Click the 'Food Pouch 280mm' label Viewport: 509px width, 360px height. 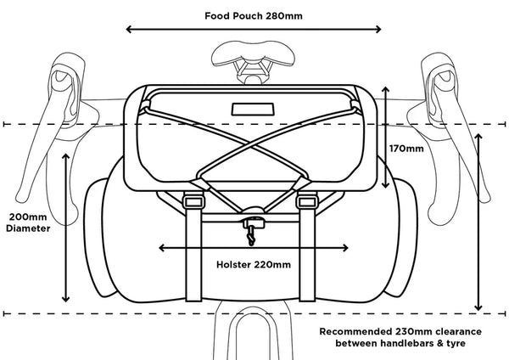click(255, 15)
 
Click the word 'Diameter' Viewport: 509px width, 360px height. click(28, 228)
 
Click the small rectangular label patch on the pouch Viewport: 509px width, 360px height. click(254, 110)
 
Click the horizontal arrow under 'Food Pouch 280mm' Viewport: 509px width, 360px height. click(255, 30)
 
